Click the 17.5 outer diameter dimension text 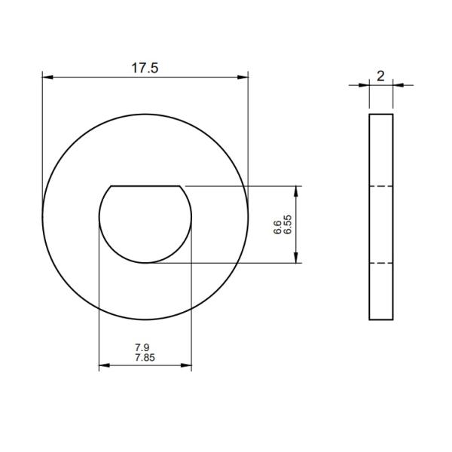coord(145,68)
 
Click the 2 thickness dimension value coord(380,75)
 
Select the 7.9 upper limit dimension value coord(142,348)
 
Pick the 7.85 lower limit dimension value coord(145,358)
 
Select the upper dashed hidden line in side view coord(380,185)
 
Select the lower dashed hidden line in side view coord(380,263)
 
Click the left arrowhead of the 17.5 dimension coord(46,76)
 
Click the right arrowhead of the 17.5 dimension coord(243,76)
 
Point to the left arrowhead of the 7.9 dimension coord(103,367)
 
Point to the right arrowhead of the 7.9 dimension coord(188,367)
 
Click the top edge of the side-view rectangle coord(380,115)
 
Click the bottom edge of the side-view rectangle coord(380,319)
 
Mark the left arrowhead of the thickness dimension coord(365,84)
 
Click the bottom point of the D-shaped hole coord(145,263)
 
